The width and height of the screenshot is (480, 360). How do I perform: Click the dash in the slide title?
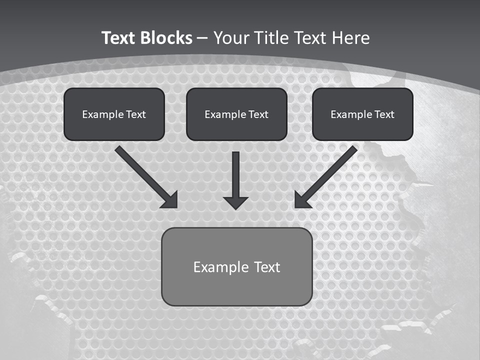202,38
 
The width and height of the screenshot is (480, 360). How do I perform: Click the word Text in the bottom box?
267,267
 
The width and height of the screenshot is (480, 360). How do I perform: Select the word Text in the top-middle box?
258,114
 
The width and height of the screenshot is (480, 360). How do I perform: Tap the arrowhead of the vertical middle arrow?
235,202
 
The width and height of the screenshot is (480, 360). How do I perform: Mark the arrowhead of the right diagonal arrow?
301,200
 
